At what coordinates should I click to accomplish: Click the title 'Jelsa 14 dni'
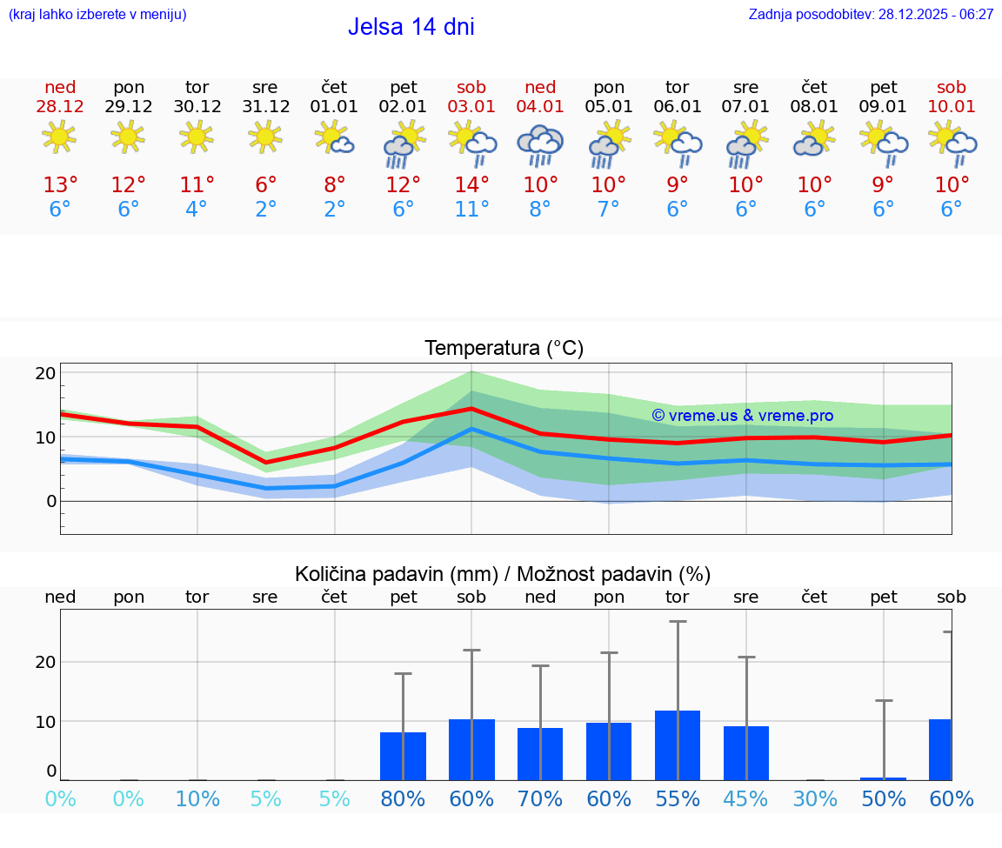(x=411, y=27)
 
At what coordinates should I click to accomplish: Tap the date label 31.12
(x=265, y=107)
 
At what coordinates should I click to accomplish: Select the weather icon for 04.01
(x=539, y=144)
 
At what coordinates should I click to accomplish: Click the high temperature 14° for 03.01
(x=471, y=185)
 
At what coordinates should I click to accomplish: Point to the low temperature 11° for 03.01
(x=471, y=210)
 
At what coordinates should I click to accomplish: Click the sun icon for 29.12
(x=129, y=137)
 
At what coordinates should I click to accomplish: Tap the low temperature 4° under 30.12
(x=197, y=210)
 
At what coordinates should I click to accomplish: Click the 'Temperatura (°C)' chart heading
(x=504, y=349)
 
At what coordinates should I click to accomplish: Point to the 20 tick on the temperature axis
(x=45, y=373)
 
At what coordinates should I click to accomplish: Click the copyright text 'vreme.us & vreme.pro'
(x=743, y=416)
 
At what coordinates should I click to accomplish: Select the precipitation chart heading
(x=503, y=574)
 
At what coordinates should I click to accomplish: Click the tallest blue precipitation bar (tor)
(x=678, y=745)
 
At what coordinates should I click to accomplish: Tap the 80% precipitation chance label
(x=403, y=799)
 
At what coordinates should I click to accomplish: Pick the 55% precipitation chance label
(x=678, y=799)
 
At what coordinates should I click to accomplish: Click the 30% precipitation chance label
(x=815, y=799)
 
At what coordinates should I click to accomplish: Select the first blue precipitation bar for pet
(x=403, y=757)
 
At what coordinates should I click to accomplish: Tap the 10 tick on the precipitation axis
(x=45, y=721)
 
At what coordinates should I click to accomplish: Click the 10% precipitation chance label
(x=197, y=799)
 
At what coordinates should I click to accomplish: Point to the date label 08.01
(x=815, y=107)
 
